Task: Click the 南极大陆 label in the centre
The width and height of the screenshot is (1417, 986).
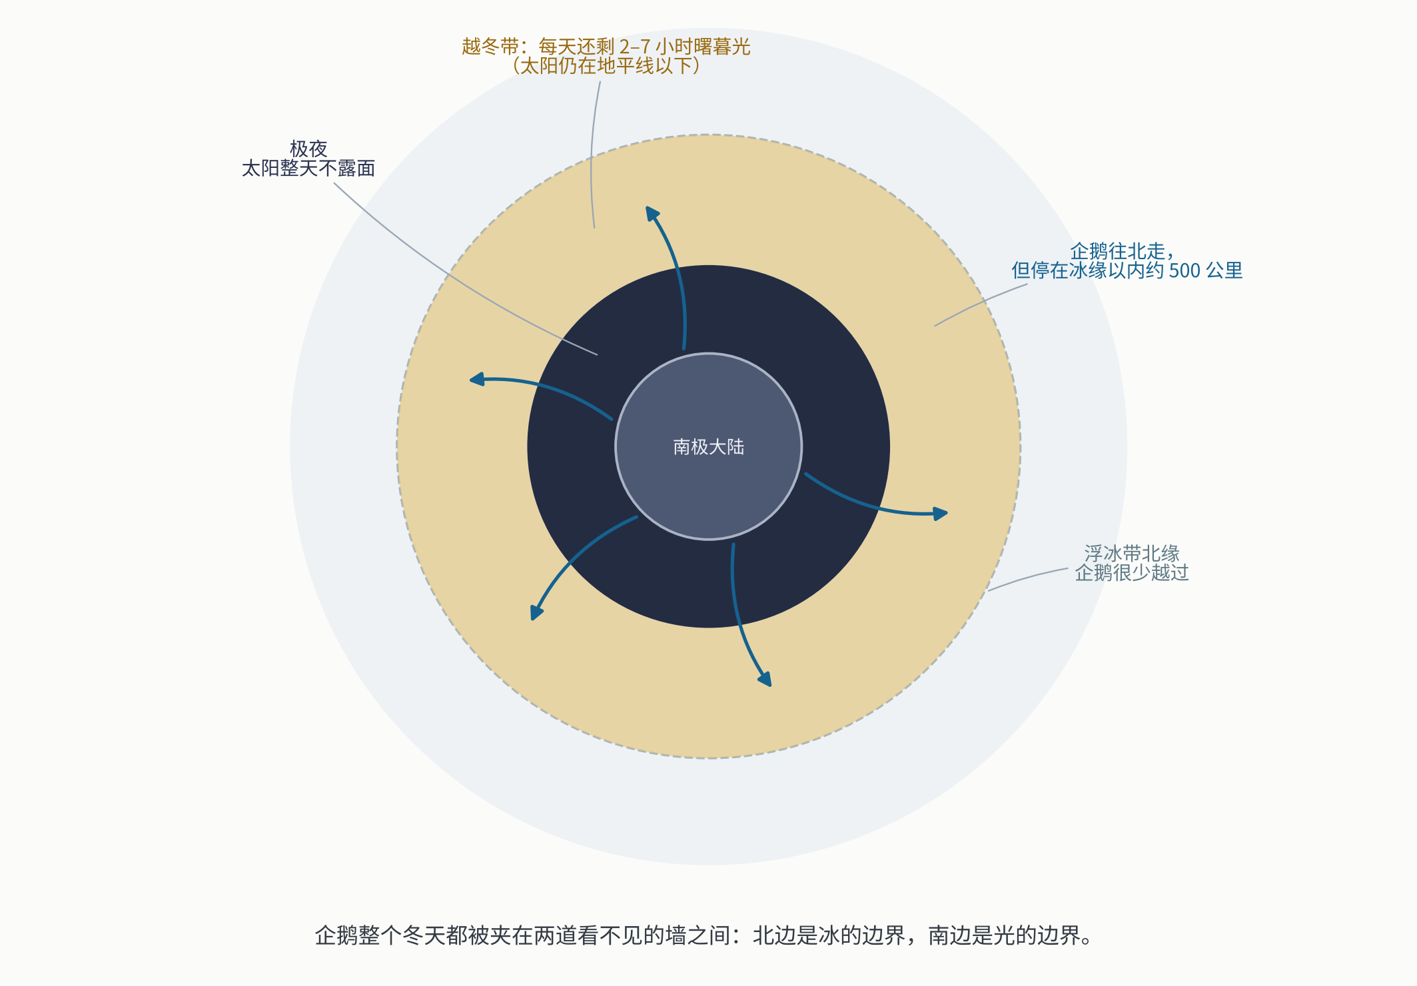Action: (x=708, y=446)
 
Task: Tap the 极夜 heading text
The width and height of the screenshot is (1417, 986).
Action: (x=308, y=149)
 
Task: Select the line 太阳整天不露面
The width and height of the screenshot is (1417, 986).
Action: (x=308, y=168)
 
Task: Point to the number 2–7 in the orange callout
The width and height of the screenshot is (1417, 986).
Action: (x=634, y=47)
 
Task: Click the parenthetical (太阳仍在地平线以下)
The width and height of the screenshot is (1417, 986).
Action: (x=606, y=66)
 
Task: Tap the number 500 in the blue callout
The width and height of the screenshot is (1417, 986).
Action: (x=1184, y=270)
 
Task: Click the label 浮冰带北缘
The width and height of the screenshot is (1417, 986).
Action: (x=1132, y=553)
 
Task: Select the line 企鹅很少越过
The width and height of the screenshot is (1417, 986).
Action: (x=1132, y=572)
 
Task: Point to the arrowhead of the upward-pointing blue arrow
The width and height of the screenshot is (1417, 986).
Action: (x=652, y=213)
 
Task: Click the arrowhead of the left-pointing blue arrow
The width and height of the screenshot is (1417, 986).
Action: (x=476, y=380)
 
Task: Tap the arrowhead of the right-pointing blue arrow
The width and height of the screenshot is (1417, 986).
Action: (x=940, y=514)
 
